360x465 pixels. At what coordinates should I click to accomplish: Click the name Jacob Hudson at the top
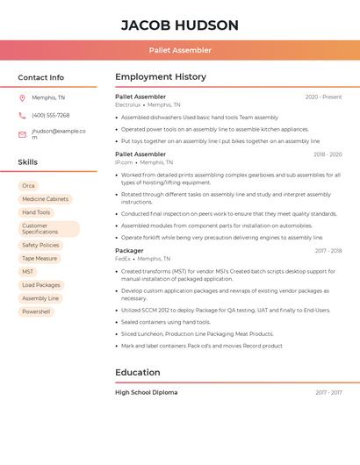[x=179, y=25]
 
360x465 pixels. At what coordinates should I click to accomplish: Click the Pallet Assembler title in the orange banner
[x=179, y=51]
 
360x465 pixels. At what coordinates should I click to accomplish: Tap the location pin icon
[x=22, y=97]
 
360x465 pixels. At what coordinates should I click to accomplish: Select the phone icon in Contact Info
[x=22, y=115]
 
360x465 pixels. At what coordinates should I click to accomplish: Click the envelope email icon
[x=22, y=134]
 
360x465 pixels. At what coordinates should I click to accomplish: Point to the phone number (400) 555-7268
[x=50, y=115]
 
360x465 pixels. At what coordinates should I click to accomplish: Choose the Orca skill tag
[x=28, y=186]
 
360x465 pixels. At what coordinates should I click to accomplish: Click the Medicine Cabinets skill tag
[x=45, y=199]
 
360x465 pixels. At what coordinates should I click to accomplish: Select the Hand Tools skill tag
[x=36, y=212]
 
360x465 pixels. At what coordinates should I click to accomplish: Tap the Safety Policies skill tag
[x=40, y=246]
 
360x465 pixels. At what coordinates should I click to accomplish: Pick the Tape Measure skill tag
[x=40, y=259]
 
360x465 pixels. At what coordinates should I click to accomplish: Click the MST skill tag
[x=28, y=272]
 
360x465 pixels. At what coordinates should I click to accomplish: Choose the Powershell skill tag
[x=36, y=311]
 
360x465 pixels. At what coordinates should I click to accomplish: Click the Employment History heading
[x=160, y=77]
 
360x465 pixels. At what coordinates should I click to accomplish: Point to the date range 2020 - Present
[x=323, y=97]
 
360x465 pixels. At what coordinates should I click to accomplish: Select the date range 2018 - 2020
[x=327, y=154]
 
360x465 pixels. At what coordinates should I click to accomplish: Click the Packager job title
[x=129, y=251]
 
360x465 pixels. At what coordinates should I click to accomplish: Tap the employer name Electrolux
[x=128, y=104]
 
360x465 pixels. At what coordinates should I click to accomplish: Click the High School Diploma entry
[x=146, y=392]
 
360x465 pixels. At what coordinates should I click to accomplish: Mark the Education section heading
[x=137, y=372]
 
